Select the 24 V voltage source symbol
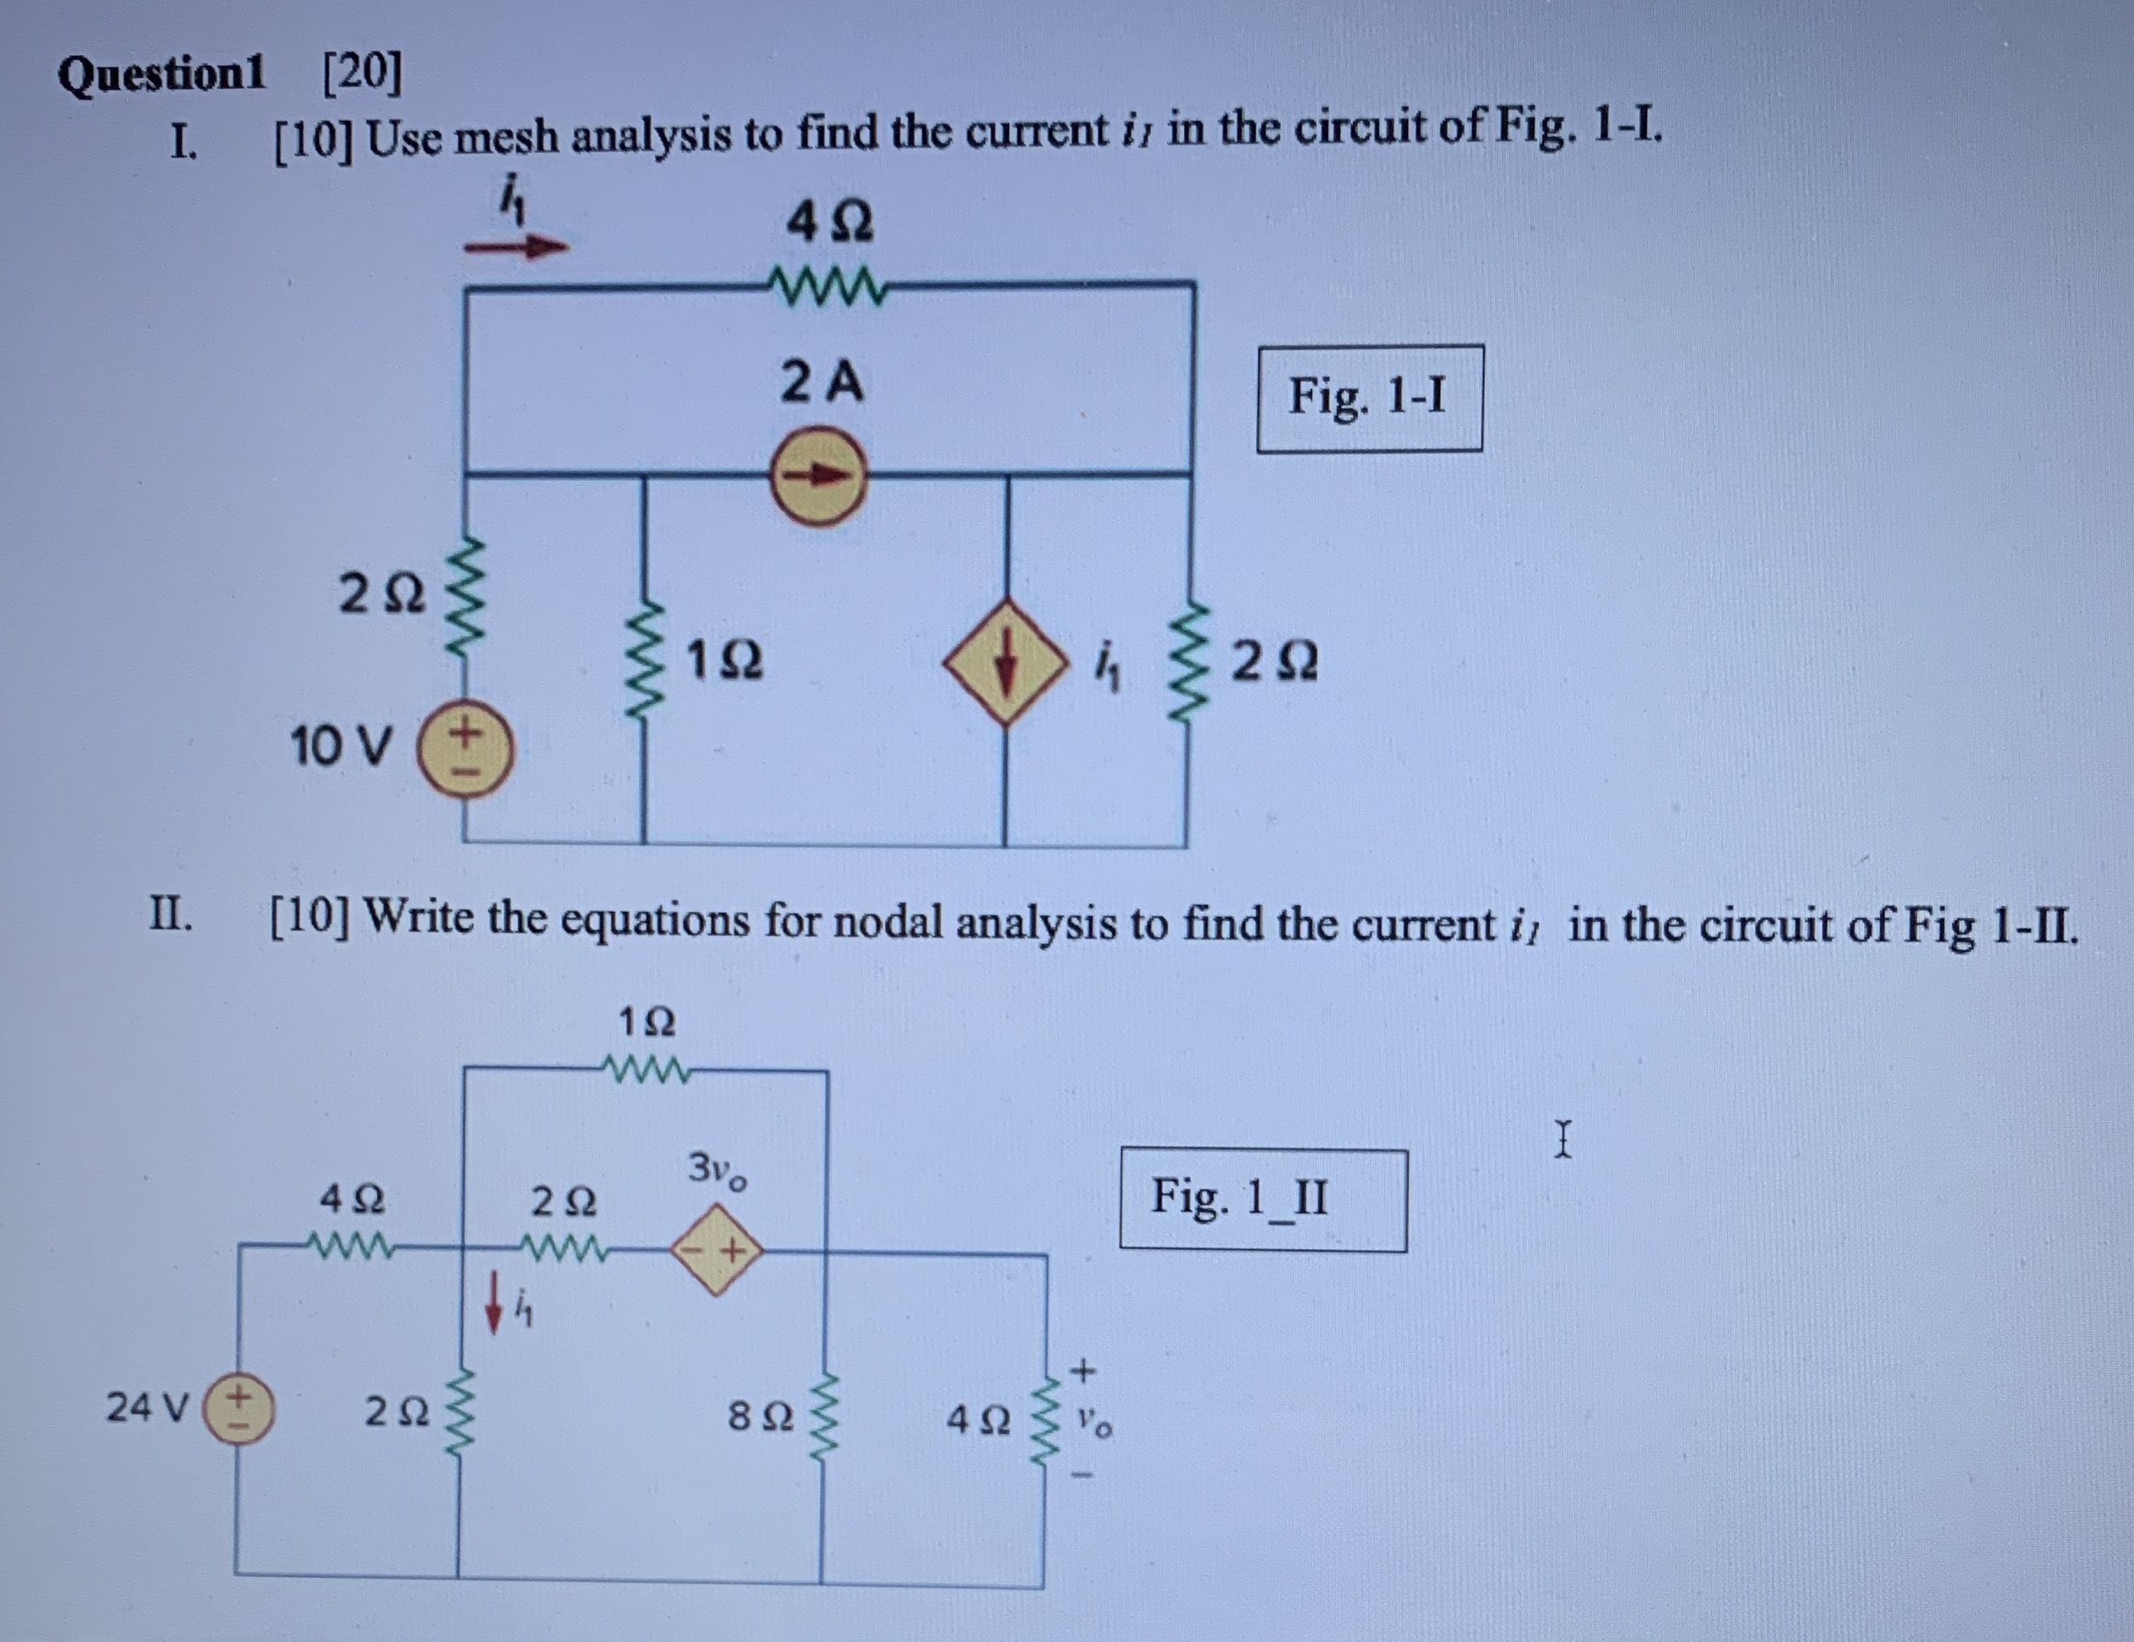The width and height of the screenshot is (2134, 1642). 237,1408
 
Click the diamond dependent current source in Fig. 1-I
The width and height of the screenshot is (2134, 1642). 1005,664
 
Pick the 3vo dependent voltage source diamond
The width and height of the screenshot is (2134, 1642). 717,1249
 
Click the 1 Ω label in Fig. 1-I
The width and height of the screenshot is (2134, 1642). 724,662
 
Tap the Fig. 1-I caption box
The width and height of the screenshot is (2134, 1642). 1369,398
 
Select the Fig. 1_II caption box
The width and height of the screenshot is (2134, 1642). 1262,1198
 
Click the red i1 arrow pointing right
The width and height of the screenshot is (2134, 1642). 516,247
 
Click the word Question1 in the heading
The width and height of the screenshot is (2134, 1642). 161,74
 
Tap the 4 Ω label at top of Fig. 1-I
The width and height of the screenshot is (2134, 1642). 830,224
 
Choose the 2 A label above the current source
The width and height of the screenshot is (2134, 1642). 822,382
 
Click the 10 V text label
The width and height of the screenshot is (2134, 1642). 341,748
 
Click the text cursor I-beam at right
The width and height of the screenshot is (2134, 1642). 1564,1139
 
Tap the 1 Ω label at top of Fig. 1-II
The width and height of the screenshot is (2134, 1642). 646,1023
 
